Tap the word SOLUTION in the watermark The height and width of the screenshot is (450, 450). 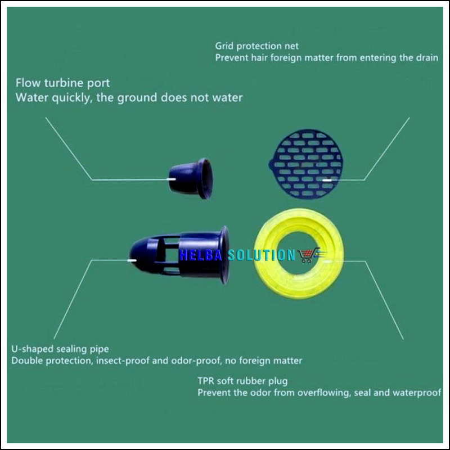261,255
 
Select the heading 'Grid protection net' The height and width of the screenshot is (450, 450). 257,46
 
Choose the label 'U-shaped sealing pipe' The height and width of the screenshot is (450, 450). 60,349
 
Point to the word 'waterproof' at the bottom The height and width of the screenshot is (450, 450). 417,393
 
